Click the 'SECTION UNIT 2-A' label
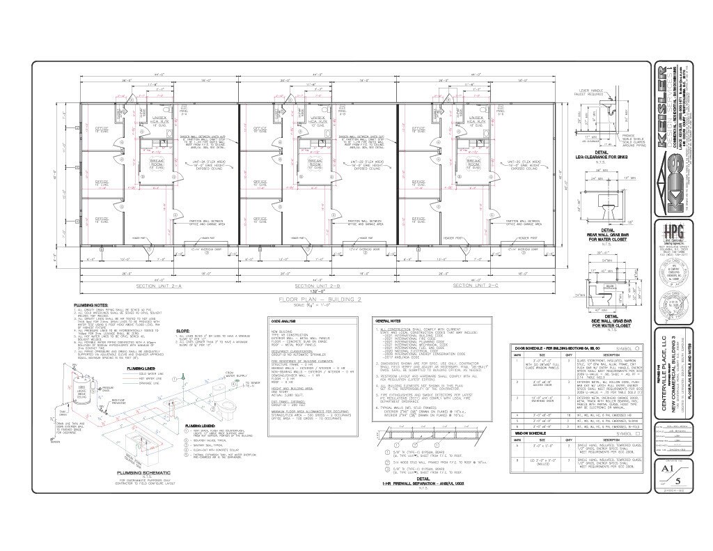[157, 286]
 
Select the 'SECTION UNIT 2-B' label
[316, 286]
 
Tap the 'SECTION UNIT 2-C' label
[474, 286]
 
